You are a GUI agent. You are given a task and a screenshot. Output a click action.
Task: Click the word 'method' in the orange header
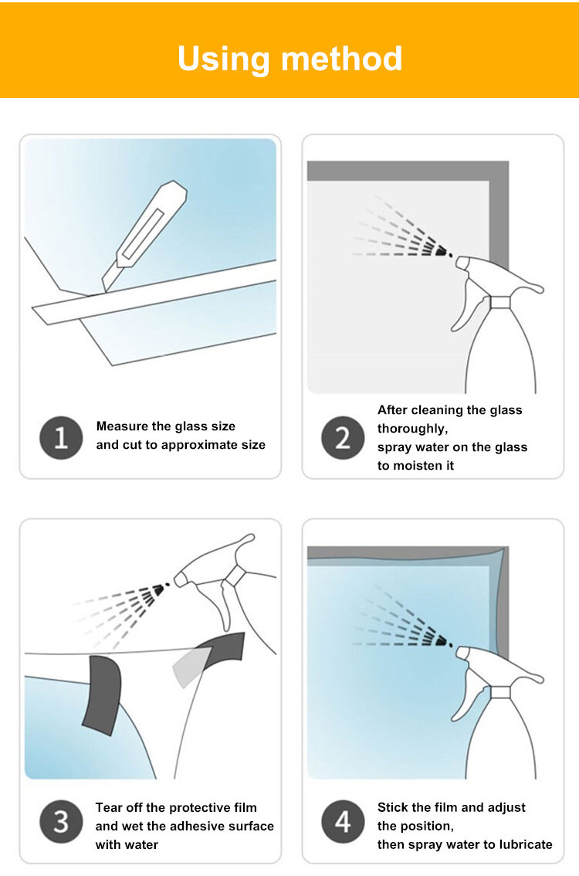342,58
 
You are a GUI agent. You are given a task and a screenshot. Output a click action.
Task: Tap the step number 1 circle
61,437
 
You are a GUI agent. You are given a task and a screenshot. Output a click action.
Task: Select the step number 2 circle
343,437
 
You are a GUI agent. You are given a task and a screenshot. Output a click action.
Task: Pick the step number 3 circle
61,821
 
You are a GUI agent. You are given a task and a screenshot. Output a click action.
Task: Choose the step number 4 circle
343,821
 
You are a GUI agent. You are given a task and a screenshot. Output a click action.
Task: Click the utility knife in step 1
144,235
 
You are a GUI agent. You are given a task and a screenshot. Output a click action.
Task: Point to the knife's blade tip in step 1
104,291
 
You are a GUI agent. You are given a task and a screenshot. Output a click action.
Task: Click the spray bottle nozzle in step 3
181,579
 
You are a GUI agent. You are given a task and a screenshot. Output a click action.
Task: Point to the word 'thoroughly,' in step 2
412,429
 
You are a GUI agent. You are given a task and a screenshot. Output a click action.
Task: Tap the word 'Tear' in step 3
109,807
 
